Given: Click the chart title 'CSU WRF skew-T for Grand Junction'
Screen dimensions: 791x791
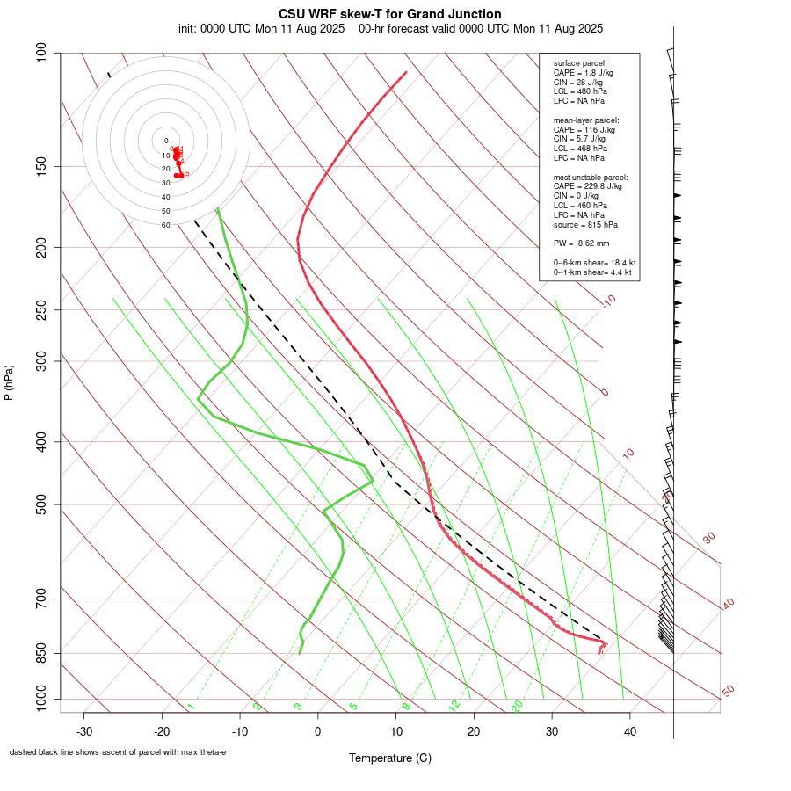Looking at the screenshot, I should pyautogui.click(x=390, y=14).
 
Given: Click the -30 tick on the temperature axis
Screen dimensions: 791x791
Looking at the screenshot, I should pyautogui.click(x=84, y=731).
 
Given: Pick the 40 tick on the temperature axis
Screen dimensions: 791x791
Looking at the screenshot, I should pyautogui.click(x=630, y=731).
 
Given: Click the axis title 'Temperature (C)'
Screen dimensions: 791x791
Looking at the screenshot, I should pyautogui.click(x=390, y=758).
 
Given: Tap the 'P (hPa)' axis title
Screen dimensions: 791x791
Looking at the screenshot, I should pyautogui.click(x=9, y=382).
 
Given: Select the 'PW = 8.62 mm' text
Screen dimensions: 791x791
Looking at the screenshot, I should pyautogui.click(x=581, y=243).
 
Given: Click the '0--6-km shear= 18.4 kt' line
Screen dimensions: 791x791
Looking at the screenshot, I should pyautogui.click(x=594, y=263).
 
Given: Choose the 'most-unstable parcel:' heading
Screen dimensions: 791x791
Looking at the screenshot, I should pyautogui.click(x=591, y=177).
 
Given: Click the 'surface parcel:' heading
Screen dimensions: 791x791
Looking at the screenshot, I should pyautogui.click(x=578, y=63).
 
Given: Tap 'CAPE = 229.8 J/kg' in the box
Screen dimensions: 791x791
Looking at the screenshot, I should pyautogui.click(x=587, y=186).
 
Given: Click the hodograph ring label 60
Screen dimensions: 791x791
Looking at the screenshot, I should pyautogui.click(x=165, y=225).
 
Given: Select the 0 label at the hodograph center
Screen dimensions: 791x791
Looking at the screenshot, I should pyautogui.click(x=165, y=141).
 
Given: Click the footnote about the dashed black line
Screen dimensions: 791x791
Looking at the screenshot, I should pyautogui.click(x=118, y=752).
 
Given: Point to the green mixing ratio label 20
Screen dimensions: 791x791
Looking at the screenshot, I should pyautogui.click(x=517, y=705).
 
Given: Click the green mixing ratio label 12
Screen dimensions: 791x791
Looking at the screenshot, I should pyautogui.click(x=454, y=705).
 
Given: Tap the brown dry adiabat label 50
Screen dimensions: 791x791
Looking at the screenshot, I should pyautogui.click(x=728, y=692).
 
